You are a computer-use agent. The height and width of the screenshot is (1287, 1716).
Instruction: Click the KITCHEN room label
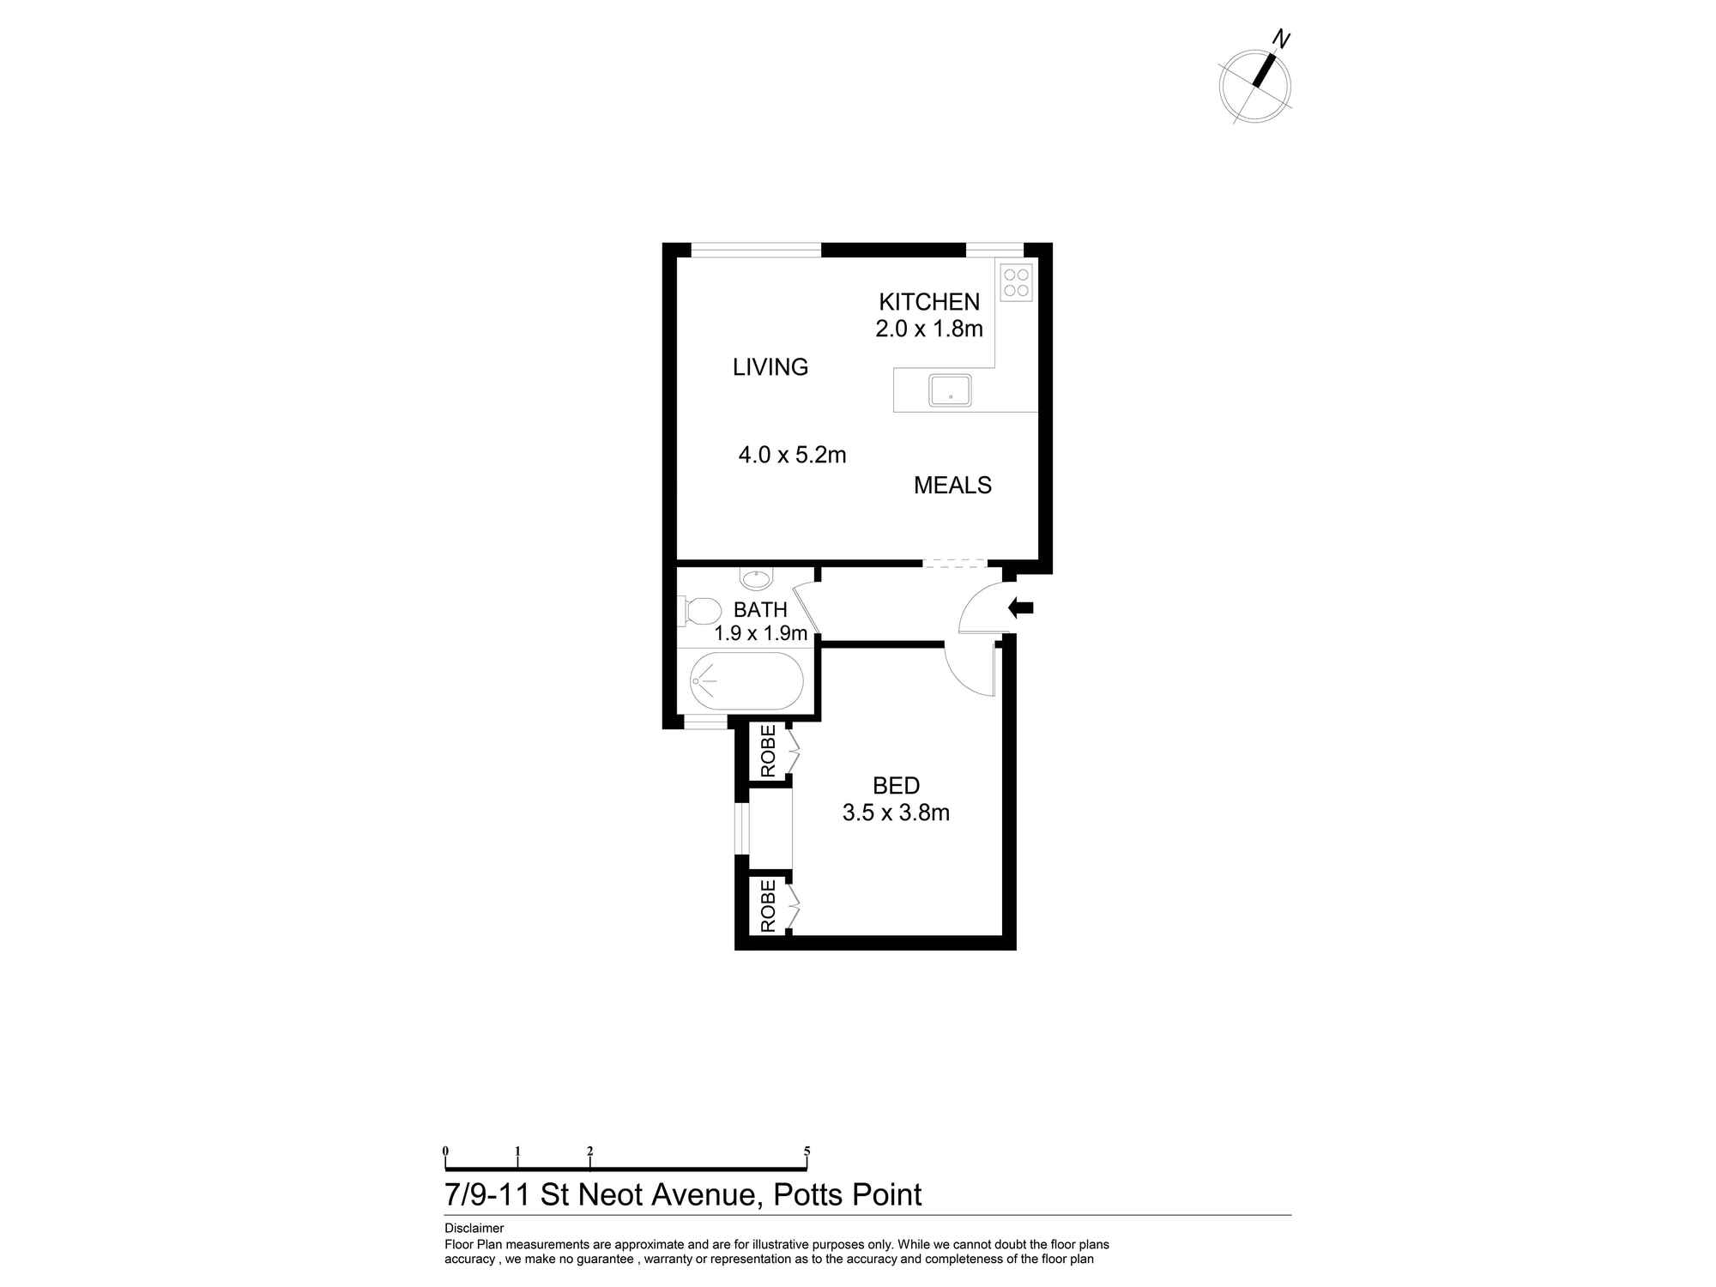(928, 302)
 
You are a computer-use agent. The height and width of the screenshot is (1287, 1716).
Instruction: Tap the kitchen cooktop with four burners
(1016, 283)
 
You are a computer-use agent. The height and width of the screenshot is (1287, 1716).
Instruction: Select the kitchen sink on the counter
(950, 390)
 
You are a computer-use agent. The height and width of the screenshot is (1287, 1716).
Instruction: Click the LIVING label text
(770, 367)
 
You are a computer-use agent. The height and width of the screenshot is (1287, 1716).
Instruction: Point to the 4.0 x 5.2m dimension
(792, 455)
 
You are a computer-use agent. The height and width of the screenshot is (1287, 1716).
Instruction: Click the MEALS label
(952, 486)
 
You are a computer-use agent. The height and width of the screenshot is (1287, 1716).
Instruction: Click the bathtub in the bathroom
(746, 681)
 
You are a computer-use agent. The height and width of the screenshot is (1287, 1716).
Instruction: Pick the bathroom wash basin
(757, 579)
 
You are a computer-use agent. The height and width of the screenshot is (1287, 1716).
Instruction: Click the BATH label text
(760, 610)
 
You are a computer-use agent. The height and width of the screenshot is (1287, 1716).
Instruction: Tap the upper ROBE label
(768, 752)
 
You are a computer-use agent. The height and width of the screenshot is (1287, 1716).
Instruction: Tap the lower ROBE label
(768, 906)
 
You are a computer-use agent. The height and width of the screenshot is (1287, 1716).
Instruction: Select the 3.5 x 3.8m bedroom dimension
(896, 813)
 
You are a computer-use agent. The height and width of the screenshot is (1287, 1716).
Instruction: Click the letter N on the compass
(1281, 39)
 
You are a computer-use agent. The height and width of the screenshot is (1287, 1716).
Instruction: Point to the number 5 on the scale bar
(807, 1151)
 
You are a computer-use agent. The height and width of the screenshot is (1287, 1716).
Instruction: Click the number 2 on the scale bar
(589, 1151)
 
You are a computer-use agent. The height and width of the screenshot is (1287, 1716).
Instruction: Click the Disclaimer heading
(474, 1228)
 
